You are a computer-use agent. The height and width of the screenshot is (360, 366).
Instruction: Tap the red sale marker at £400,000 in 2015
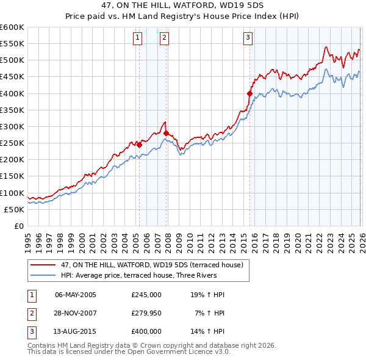coord(249,93)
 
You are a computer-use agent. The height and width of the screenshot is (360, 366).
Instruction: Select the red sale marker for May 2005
coord(139,145)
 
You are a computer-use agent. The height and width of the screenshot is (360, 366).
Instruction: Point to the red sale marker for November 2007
coord(166,133)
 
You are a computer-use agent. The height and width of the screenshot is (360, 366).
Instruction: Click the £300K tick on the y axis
coord(12,126)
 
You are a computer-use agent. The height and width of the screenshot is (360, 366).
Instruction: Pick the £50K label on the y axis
coord(14,209)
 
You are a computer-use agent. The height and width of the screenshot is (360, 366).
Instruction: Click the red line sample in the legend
coord(43,265)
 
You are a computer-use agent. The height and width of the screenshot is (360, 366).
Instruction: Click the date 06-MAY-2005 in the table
coord(76,295)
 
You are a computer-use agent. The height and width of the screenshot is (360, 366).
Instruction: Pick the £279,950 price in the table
coord(146,313)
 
